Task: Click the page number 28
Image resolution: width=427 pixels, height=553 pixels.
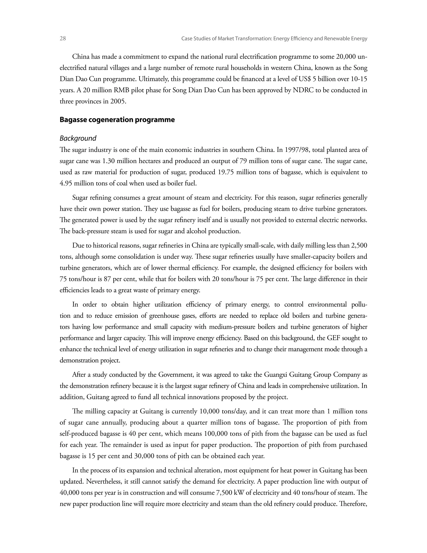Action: click(x=63, y=38)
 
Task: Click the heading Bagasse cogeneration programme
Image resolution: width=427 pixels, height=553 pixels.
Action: click(x=117, y=120)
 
